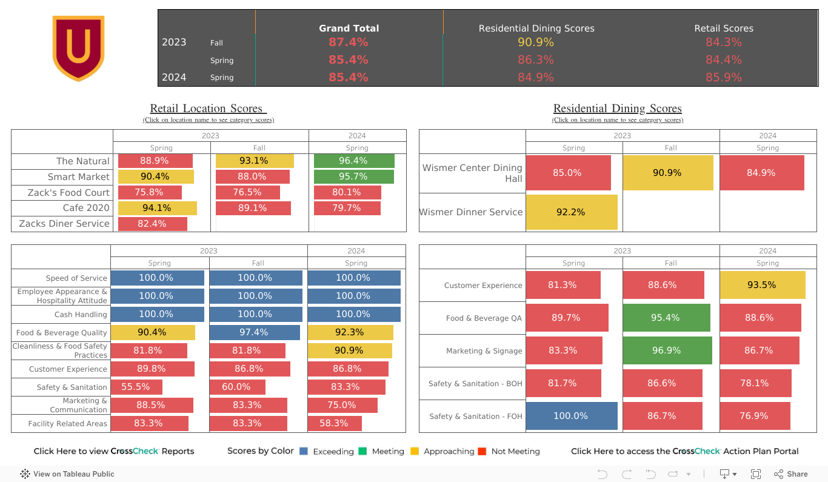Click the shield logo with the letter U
pyautogui.click(x=78, y=48)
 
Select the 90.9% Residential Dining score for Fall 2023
pyautogui.click(x=535, y=42)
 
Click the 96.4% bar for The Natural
pyautogui.click(x=354, y=161)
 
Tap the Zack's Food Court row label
pyautogui.click(x=68, y=192)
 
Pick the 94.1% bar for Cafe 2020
pyautogui.click(x=157, y=208)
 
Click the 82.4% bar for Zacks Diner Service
pyautogui.click(x=152, y=224)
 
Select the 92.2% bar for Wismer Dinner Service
pyautogui.click(x=571, y=212)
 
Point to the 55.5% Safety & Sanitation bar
pyautogui.click(x=136, y=387)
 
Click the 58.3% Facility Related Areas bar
pyautogui.click(x=335, y=423)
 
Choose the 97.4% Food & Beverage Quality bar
pyautogui.click(x=255, y=332)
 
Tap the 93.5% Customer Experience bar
pyautogui.click(x=762, y=285)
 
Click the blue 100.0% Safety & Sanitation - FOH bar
pyautogui.click(x=571, y=416)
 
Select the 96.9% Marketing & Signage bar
pyautogui.click(x=667, y=350)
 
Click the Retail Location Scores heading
pyautogui.click(x=208, y=109)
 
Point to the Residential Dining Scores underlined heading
pyautogui.click(x=617, y=109)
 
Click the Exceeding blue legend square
pyautogui.click(x=304, y=451)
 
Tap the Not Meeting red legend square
pyautogui.click(x=482, y=451)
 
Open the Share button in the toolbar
pyautogui.click(x=790, y=474)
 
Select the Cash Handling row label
pyautogui.click(x=81, y=315)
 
